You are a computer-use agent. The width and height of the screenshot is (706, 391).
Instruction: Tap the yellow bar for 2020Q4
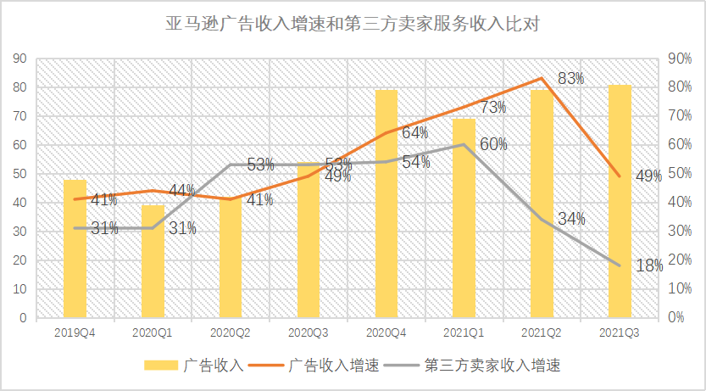coord(386,204)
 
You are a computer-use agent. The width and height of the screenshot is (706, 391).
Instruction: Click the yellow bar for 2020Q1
coord(153,261)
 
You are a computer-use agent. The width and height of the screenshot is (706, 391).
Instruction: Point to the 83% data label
coord(571,79)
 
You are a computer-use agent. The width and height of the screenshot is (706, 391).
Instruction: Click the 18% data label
coord(649,265)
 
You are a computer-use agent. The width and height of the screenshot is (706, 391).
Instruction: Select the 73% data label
coord(493,108)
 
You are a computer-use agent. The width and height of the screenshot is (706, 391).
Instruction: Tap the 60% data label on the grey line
coord(493,144)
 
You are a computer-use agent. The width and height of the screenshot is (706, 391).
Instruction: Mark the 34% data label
coord(571,219)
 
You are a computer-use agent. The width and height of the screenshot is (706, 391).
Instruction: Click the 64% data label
coord(414,132)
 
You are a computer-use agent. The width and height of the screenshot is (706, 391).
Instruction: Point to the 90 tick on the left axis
coord(20,59)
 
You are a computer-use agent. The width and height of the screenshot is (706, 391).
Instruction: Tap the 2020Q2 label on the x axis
coord(231,334)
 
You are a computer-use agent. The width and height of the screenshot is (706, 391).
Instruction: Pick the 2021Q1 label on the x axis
coord(464,334)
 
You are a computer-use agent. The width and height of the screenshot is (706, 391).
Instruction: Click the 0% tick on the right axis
coord(653,318)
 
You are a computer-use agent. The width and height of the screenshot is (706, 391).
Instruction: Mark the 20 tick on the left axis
coord(20,260)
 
